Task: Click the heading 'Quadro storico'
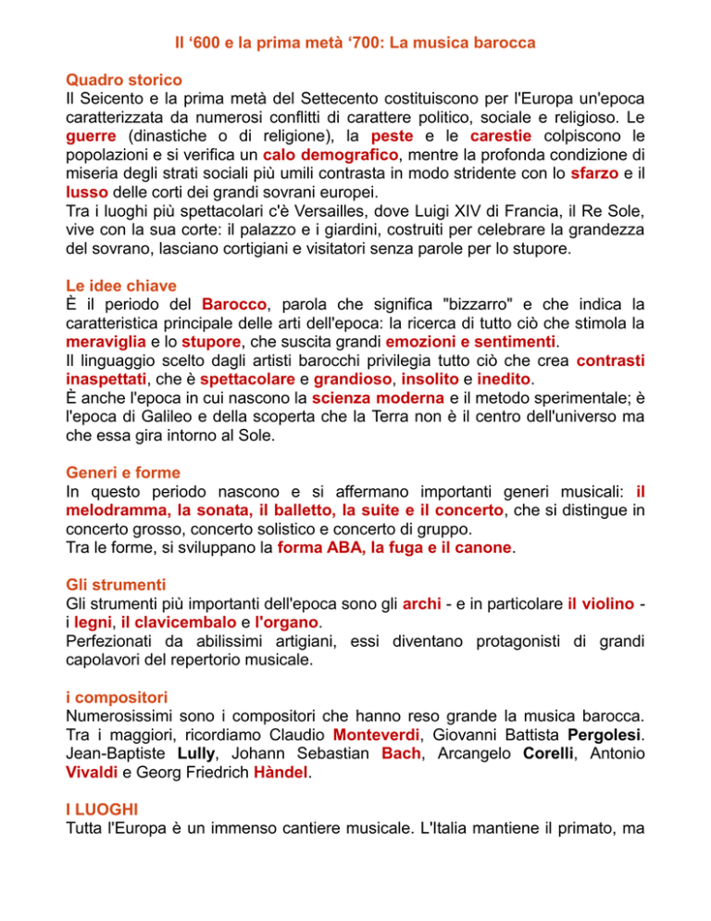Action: tap(125, 81)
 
